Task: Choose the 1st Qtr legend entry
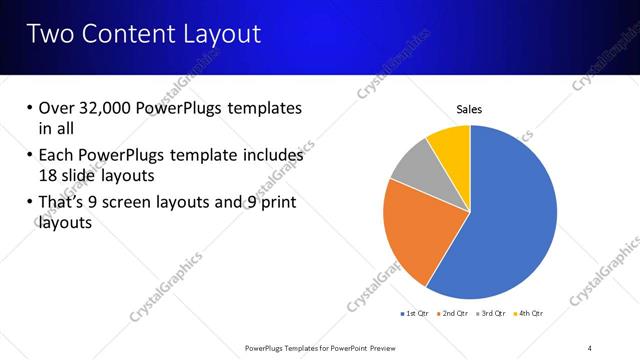pyautogui.click(x=414, y=314)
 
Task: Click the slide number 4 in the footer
pyautogui.click(x=589, y=347)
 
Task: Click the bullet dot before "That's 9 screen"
pyautogui.click(x=29, y=204)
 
